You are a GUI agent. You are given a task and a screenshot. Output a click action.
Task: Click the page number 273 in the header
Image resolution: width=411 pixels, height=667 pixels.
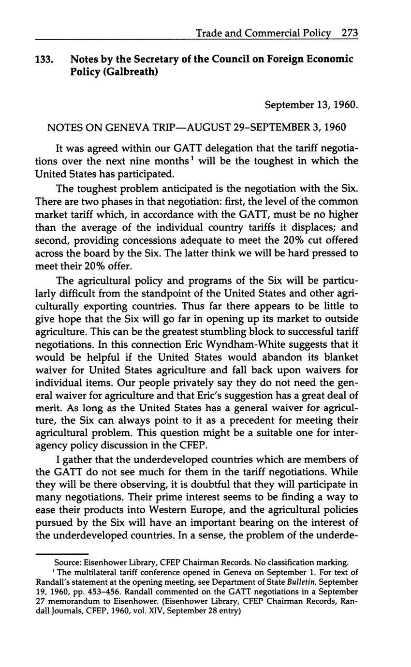click(349, 33)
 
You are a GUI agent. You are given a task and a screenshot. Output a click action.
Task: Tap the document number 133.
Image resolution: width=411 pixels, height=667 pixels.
click(44, 59)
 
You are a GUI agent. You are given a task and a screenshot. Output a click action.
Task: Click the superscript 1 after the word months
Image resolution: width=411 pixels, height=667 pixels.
click(191, 157)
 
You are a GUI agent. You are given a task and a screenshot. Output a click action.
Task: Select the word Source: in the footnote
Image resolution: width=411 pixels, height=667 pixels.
click(68, 563)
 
